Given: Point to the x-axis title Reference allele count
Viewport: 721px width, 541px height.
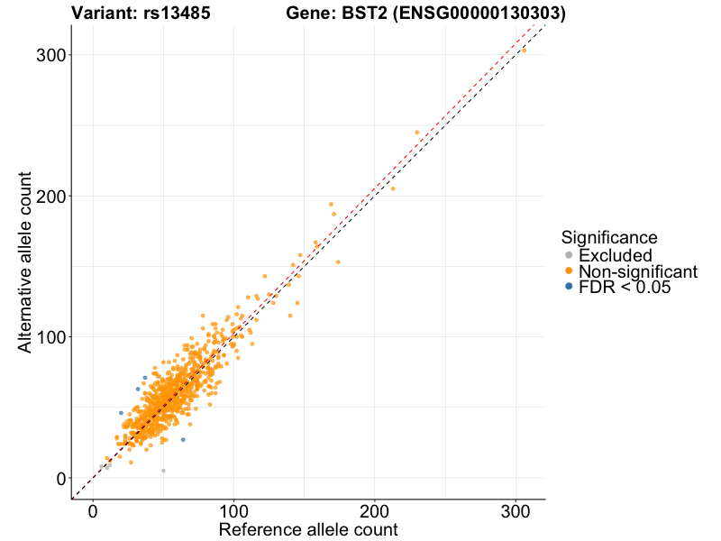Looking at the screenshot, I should click(308, 529).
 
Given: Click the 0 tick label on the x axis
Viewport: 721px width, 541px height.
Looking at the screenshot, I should click(93, 510).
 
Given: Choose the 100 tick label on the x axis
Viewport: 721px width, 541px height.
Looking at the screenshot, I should click(234, 510).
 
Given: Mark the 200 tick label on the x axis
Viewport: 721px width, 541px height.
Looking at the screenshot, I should click(375, 510).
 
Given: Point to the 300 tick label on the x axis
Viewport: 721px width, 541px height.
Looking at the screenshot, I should click(516, 510).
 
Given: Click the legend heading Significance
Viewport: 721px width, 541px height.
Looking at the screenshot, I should click(608, 238).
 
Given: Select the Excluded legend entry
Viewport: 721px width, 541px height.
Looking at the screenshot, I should click(615, 256).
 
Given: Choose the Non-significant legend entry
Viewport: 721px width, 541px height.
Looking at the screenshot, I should click(638, 271).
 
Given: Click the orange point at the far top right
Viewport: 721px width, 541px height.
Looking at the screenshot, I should click(524, 50).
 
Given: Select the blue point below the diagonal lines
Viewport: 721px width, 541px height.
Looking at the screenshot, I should click(183, 440).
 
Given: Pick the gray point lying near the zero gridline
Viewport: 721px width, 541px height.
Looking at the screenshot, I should click(163, 471).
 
